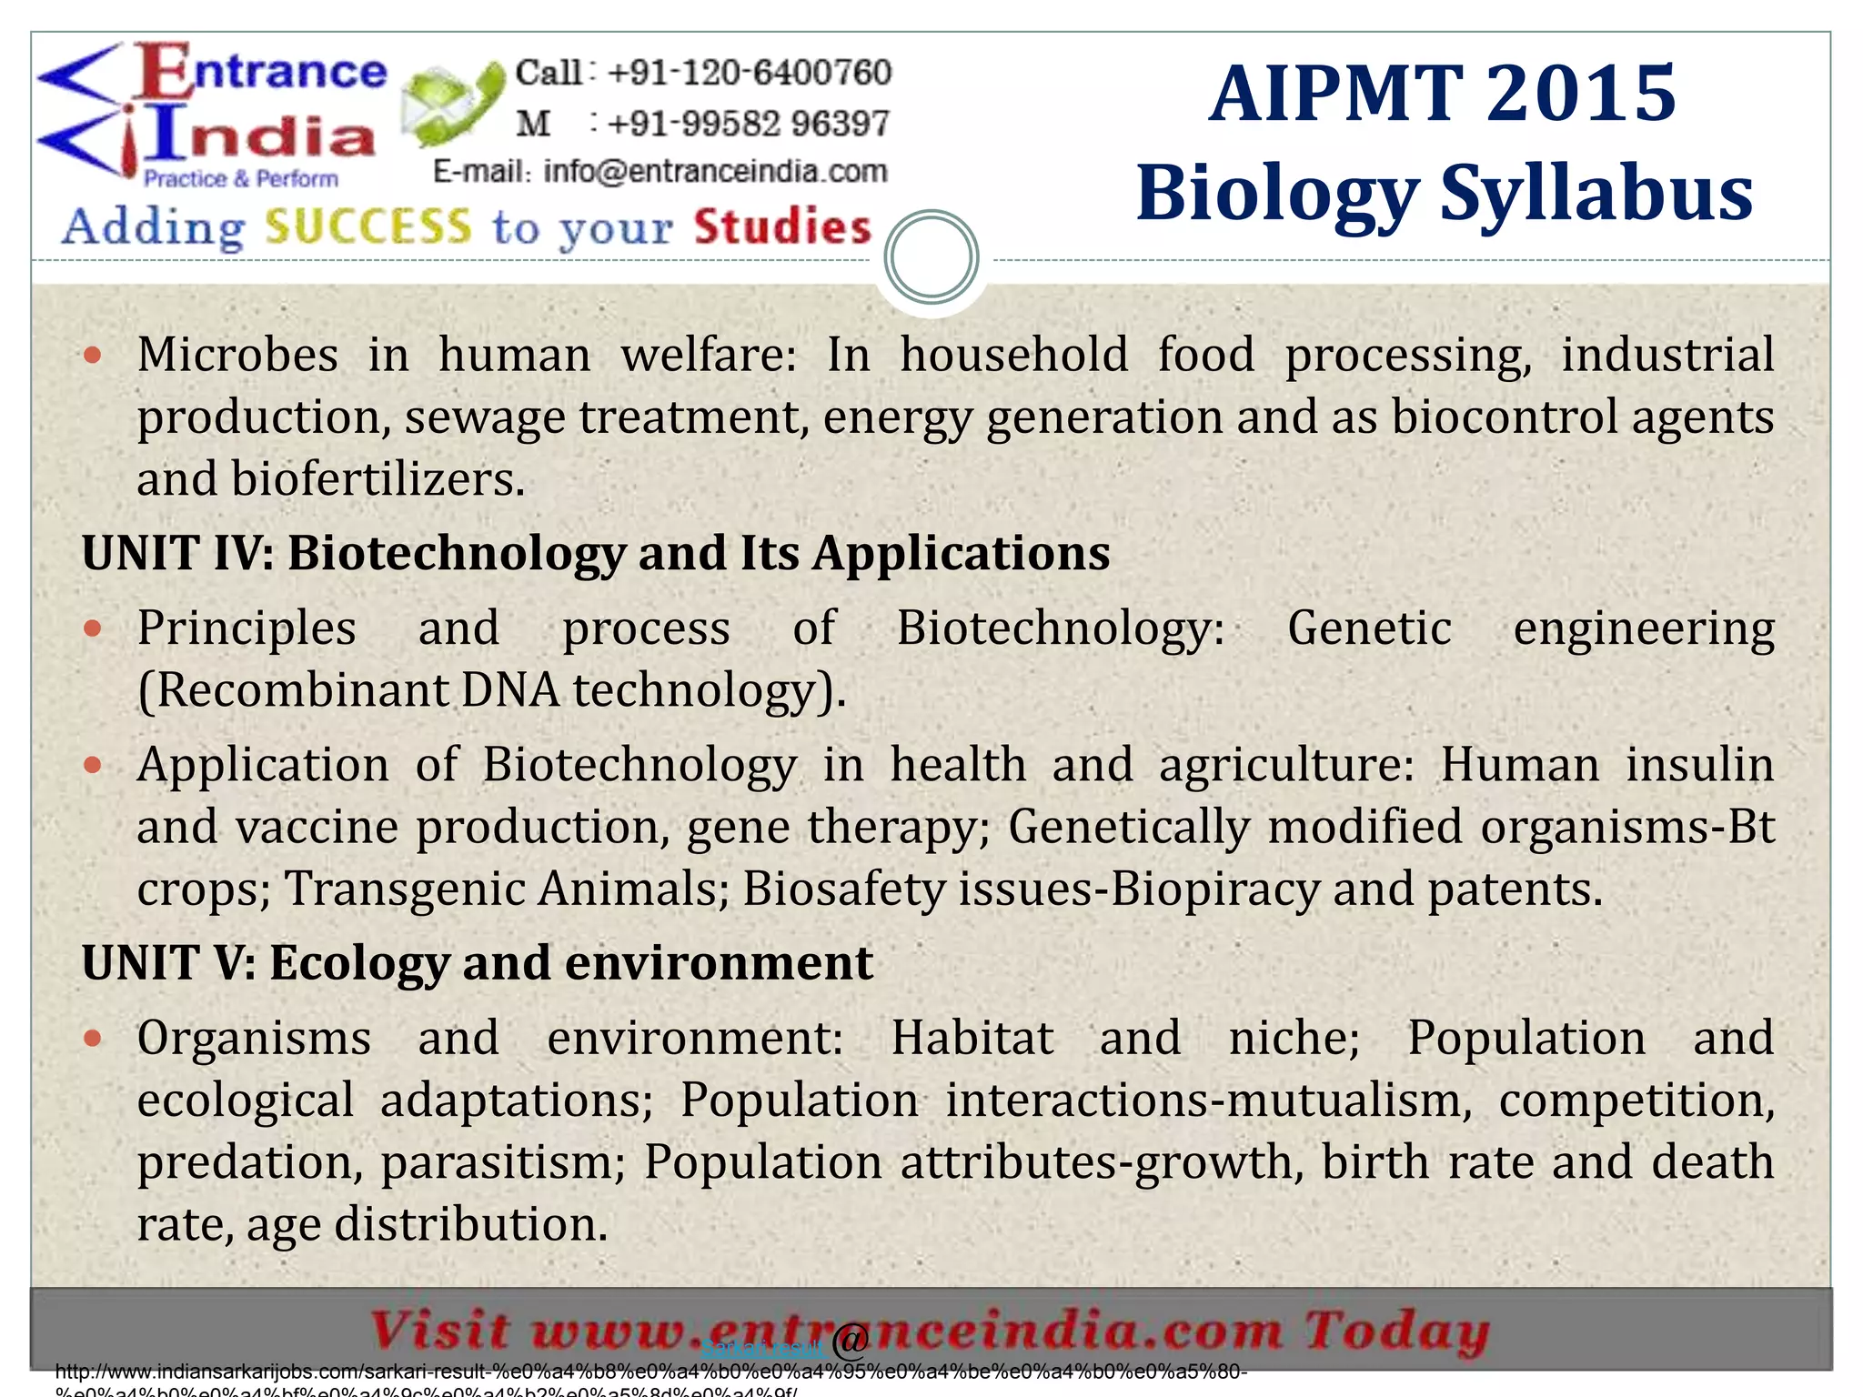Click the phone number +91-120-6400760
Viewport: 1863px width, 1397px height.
tap(749, 73)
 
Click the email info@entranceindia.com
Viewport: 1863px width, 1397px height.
tap(715, 171)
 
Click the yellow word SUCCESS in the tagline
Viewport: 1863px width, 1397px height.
tap(368, 226)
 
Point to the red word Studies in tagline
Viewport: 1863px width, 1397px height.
tap(782, 226)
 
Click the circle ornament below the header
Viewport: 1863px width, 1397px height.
tap(931, 257)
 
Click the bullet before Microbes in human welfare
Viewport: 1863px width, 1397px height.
tap(92, 355)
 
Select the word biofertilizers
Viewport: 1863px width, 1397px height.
tap(378, 479)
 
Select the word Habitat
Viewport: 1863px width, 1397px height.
tap(972, 1038)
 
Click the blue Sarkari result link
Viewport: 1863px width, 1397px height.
tap(762, 1348)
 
